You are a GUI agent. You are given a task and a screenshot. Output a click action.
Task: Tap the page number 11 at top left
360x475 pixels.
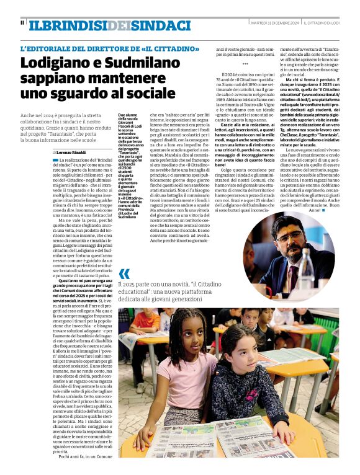(x=22, y=24)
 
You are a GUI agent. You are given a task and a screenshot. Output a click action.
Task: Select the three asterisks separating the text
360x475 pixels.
(x=245, y=64)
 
